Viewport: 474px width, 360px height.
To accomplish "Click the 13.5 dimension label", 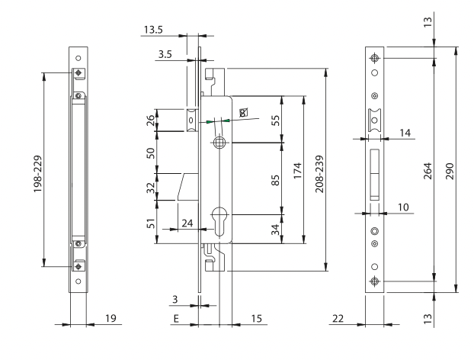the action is [x=153, y=30].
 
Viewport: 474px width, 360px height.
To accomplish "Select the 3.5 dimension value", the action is [x=165, y=54].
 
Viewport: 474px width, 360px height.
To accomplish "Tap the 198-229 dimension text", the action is [x=37, y=174].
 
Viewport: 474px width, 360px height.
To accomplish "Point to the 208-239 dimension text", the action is [x=319, y=174].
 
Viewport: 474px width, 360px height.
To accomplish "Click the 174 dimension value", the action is [x=298, y=171].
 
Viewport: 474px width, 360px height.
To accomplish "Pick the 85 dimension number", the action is [x=275, y=180].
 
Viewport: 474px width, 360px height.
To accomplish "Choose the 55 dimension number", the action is [x=275, y=120].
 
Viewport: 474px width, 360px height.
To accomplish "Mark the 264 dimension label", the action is [x=428, y=171].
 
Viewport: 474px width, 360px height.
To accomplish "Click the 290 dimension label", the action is [x=450, y=171].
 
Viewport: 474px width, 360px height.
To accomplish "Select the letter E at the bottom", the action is [x=176, y=319].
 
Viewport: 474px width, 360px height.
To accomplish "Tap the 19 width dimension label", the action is [x=110, y=318].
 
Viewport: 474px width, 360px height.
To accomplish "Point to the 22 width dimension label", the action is [x=338, y=319].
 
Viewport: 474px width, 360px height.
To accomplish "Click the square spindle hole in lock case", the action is [x=218, y=143].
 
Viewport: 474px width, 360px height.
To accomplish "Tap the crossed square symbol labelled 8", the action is [x=243, y=113].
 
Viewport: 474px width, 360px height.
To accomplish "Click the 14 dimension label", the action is [x=405, y=133].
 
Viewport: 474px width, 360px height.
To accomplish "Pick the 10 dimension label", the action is [x=403, y=207].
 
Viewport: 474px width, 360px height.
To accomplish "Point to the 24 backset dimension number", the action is [x=187, y=223].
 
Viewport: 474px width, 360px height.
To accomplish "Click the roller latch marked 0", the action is [x=191, y=121].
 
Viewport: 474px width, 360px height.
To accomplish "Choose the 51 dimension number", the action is [x=151, y=223].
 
